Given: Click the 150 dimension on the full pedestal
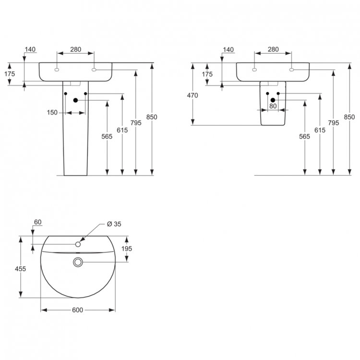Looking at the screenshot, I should point(52,112).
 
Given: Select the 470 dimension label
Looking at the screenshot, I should point(192,96).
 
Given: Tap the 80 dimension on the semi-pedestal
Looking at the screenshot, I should point(273,106).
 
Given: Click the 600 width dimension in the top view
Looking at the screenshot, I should point(78,310).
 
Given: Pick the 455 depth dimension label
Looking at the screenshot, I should point(20,269).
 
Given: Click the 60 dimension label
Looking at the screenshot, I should point(38,222).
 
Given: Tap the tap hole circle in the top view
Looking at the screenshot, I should point(78,244).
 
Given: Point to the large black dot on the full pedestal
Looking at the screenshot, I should point(75,100).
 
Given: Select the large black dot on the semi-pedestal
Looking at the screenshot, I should point(273,100).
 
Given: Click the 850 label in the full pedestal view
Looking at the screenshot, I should point(152,117).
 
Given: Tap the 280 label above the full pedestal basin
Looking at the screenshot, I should point(75,49).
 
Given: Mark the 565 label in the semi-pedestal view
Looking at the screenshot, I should point(304,136).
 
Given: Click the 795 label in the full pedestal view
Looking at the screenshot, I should point(136,123).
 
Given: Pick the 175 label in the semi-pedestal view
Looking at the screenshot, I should point(207,74).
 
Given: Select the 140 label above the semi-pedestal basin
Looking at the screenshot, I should point(228,49).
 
